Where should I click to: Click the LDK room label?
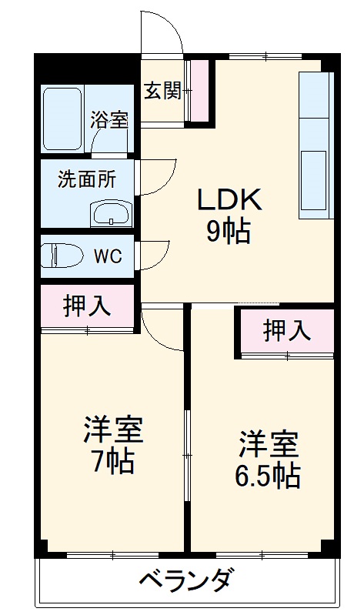(x=231, y=199)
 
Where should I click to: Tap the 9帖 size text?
(x=228, y=231)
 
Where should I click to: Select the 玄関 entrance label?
(x=162, y=91)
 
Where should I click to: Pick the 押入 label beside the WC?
(x=87, y=305)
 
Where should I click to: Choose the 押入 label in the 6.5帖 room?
(x=287, y=330)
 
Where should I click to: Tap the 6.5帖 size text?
(x=267, y=476)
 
